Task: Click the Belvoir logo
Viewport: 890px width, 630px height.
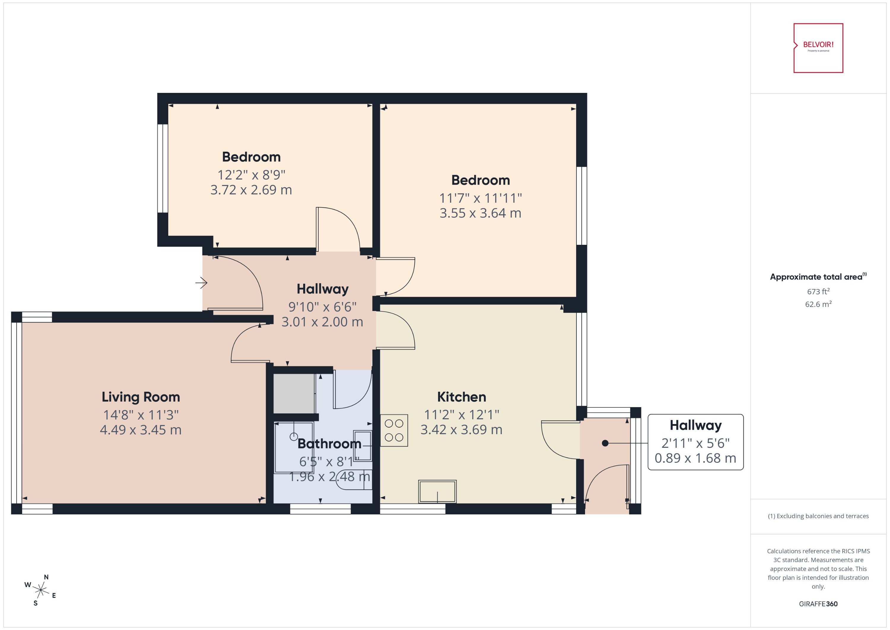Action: coord(818,48)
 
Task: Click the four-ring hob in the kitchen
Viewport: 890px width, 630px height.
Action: coord(394,430)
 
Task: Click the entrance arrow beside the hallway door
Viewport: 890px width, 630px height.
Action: coord(201,283)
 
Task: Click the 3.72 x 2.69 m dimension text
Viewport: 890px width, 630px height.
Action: coord(251,190)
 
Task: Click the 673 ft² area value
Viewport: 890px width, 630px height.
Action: coord(818,291)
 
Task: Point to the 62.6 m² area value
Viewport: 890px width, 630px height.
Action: coord(818,304)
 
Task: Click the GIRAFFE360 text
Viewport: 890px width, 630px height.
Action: coord(818,604)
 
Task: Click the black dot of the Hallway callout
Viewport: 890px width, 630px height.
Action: coord(605,443)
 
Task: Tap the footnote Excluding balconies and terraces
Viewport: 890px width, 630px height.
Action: coord(818,516)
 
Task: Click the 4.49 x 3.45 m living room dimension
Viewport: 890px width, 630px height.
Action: coord(141,430)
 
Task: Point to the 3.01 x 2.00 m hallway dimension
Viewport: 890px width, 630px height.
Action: coord(322,322)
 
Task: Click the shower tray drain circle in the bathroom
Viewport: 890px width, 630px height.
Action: coord(294,437)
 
